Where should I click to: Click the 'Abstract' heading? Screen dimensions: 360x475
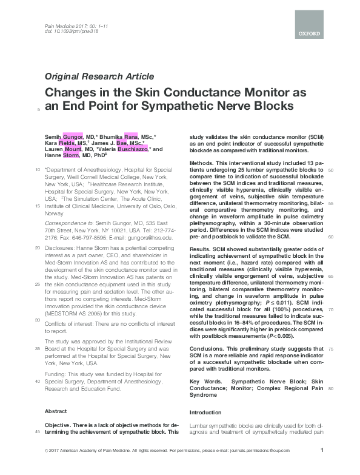point(56,411)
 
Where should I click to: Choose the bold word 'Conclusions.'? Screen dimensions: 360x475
point(209,350)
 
